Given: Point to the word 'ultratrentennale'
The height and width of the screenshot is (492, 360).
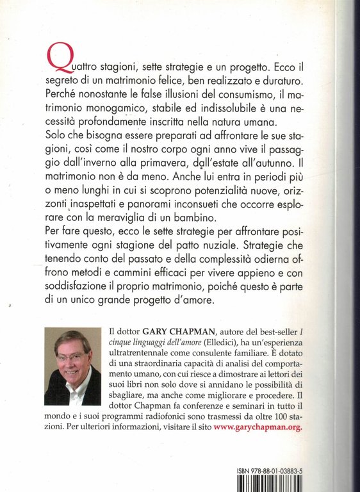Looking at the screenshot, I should pos(151,361).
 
